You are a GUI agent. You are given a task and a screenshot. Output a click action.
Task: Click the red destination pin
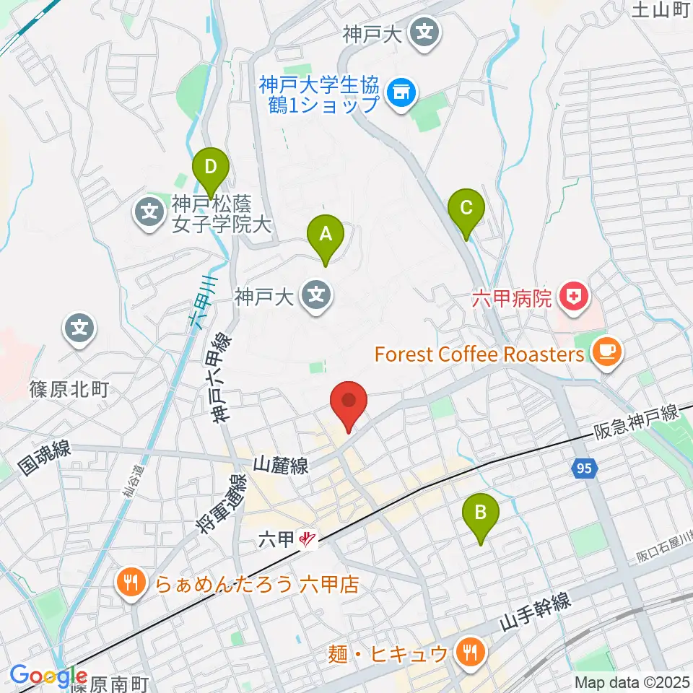(349, 404)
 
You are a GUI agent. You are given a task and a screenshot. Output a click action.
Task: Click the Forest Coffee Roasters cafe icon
(603, 353)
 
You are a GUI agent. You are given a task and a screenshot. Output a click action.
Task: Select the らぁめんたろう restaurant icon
(131, 582)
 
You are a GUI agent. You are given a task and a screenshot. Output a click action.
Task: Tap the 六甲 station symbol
(309, 539)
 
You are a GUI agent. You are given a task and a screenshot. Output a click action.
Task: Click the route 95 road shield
(585, 469)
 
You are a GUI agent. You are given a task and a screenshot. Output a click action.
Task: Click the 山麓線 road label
(281, 466)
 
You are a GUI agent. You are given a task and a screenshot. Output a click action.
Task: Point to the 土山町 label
(661, 9)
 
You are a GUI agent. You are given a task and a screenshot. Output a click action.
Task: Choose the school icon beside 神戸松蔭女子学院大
(149, 213)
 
